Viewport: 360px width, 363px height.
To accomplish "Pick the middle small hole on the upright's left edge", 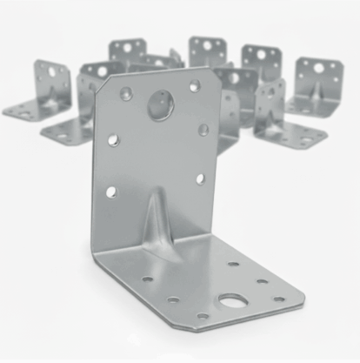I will coord(113,138).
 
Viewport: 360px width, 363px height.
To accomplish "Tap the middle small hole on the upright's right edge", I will coord(203,130).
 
